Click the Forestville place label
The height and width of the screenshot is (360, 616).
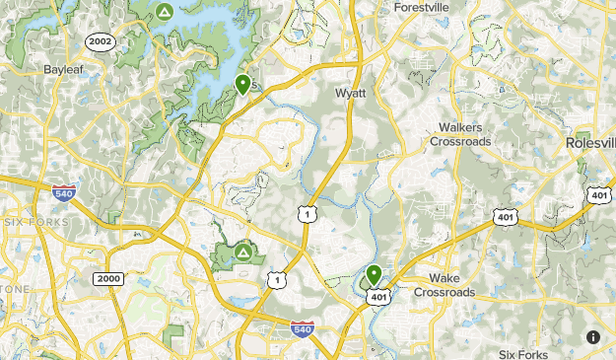[421, 7]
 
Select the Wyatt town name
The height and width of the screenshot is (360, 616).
[350, 94]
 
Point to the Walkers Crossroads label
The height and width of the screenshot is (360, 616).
[463, 134]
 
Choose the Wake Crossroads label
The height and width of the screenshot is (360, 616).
[444, 285]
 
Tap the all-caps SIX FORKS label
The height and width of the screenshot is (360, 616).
[35, 222]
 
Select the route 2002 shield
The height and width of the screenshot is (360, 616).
[100, 41]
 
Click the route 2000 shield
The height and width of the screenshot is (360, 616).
[108, 279]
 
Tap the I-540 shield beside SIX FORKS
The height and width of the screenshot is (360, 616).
[64, 192]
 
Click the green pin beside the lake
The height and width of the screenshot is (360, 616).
[242, 84]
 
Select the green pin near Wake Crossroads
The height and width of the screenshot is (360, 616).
[374, 275]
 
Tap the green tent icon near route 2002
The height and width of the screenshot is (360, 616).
[165, 12]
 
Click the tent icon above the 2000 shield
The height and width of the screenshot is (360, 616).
[242, 253]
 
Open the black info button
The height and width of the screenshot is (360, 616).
[592, 336]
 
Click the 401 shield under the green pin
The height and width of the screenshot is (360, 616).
[379, 295]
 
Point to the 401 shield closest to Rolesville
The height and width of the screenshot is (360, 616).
[598, 195]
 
